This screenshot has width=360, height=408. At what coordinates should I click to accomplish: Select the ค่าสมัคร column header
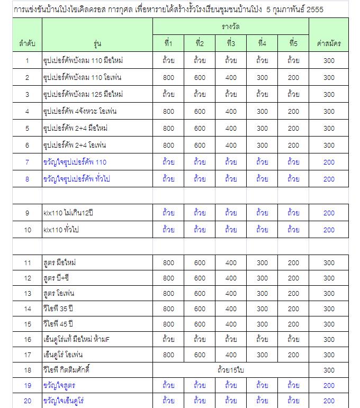point(329,43)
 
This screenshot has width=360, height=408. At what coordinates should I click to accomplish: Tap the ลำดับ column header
point(27,43)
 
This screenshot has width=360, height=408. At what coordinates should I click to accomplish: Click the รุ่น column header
point(97,43)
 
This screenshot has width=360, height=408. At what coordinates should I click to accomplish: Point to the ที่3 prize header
point(231,43)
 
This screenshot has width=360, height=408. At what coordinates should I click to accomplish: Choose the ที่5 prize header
point(293,43)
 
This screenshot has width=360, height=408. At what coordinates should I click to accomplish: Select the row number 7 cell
point(27,162)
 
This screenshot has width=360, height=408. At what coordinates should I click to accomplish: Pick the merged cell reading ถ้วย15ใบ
point(230,370)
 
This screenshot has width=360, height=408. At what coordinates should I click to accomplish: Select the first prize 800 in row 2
point(168,77)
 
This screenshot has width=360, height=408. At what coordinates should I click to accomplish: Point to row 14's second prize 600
point(200,309)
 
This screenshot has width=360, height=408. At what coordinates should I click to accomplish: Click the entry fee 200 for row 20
point(329,401)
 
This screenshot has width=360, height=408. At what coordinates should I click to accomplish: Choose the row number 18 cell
point(27,370)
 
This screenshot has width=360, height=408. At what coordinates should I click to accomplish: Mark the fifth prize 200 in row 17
point(293,355)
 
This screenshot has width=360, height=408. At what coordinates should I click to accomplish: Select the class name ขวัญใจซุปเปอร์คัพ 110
point(75,162)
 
